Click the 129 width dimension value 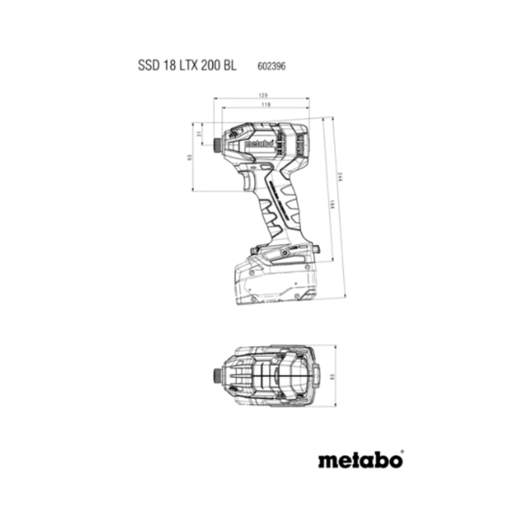pyautogui.click(x=262, y=95)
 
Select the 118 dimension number pyautogui.click(x=266, y=106)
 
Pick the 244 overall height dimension pyautogui.click(x=340, y=177)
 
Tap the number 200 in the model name pyautogui.click(x=209, y=66)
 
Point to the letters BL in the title pyautogui.click(x=229, y=66)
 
